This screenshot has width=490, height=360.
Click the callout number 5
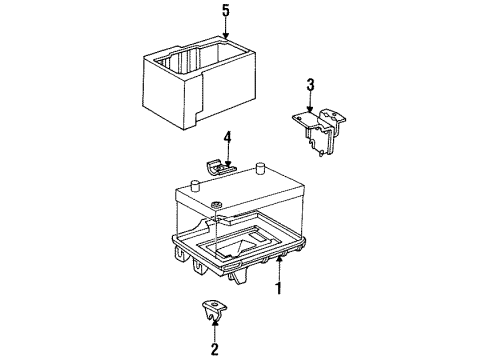(226, 13)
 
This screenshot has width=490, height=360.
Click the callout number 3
(310, 84)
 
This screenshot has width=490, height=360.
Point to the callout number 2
(213, 348)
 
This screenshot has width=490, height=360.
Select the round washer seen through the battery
(215, 208)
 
